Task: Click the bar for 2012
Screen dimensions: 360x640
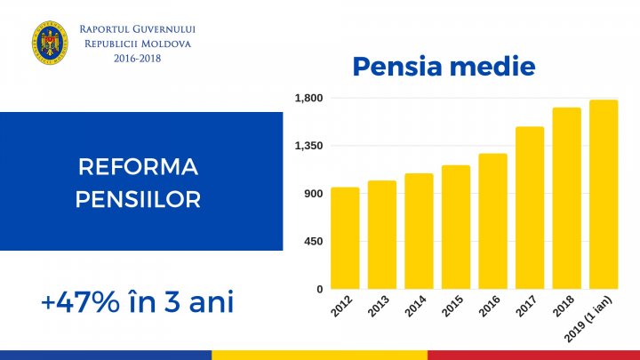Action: click(345, 238)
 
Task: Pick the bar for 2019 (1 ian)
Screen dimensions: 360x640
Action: click(604, 195)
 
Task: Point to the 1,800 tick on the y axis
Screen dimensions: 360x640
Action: click(308, 98)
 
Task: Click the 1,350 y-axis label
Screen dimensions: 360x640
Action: click(308, 146)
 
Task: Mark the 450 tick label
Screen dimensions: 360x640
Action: click(312, 242)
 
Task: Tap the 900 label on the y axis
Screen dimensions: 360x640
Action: click(312, 194)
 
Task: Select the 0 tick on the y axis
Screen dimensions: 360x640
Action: click(319, 290)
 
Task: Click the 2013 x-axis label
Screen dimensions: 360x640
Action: click(379, 307)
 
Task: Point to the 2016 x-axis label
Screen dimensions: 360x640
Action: click(490, 307)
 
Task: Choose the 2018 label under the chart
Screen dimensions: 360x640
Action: click(564, 307)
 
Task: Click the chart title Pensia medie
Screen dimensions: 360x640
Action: click(443, 66)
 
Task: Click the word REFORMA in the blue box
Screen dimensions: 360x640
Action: click(138, 167)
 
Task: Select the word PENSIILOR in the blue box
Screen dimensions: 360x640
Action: click(138, 199)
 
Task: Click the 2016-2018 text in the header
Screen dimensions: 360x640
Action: click(138, 58)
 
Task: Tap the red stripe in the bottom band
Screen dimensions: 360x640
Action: click(533, 354)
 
